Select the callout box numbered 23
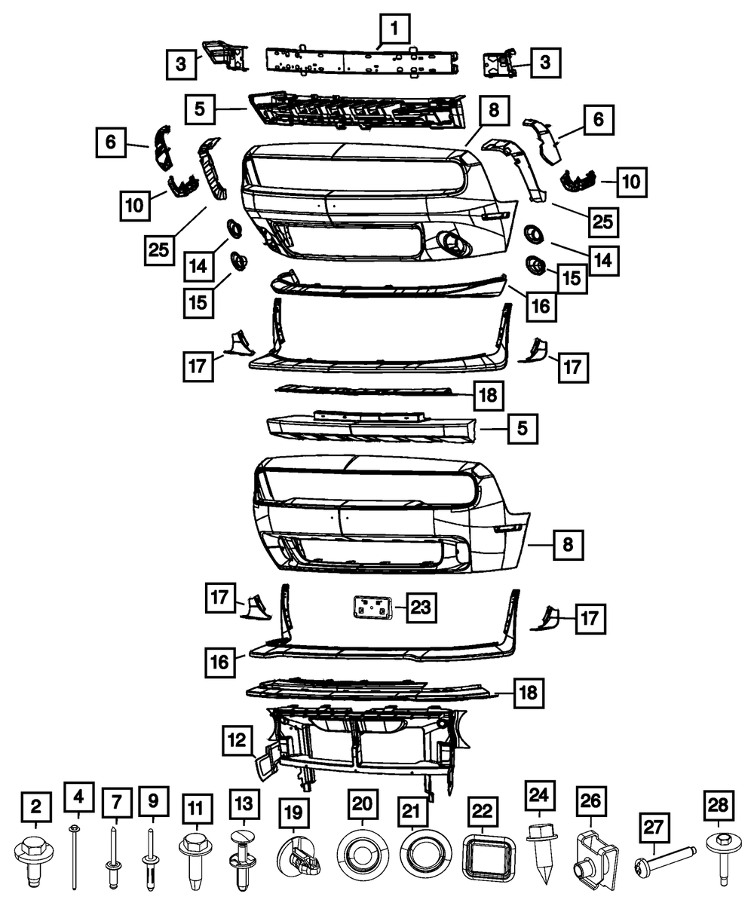[421, 607]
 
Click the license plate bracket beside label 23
[371, 607]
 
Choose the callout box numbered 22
[483, 812]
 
